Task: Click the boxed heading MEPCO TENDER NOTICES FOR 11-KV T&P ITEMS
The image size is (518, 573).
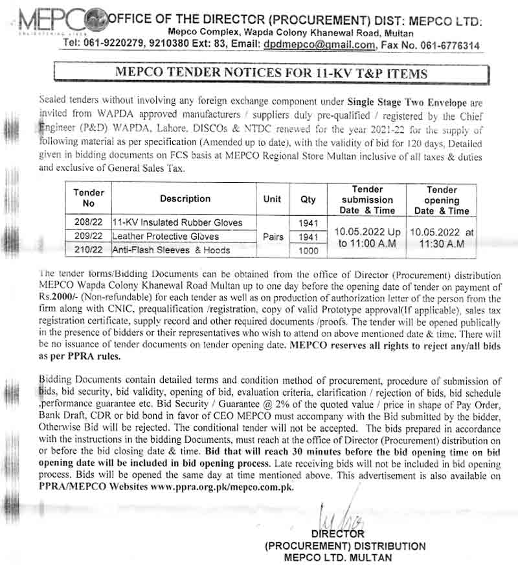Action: [x=271, y=73]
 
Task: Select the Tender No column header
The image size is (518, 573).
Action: [x=89, y=198]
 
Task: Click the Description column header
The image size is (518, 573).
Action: [x=185, y=199]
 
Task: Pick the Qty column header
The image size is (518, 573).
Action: [x=308, y=200]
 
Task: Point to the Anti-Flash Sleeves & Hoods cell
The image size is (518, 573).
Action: [x=172, y=250]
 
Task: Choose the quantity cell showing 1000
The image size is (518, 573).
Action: [x=308, y=250]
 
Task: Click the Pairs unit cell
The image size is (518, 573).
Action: [x=273, y=237]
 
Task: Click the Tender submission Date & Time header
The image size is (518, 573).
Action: [x=367, y=200]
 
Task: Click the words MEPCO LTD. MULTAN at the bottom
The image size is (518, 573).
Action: [x=337, y=557]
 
